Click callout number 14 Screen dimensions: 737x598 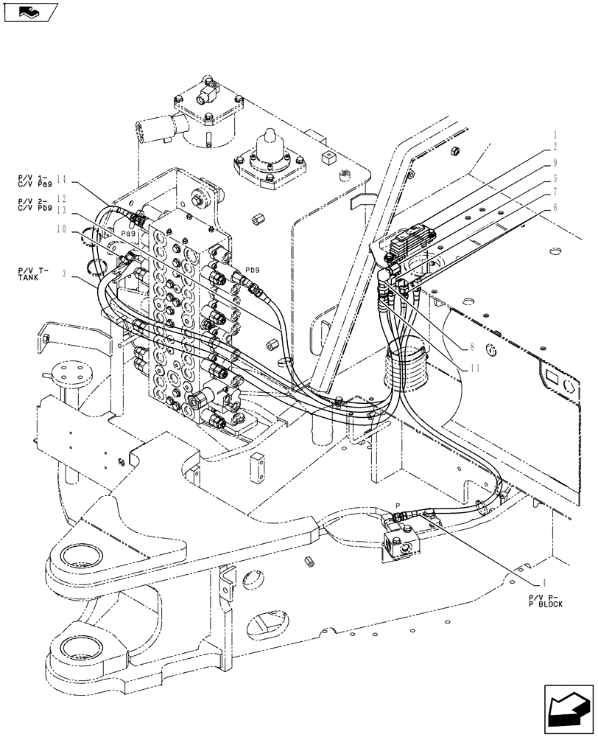point(62,179)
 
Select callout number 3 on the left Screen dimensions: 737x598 point(66,275)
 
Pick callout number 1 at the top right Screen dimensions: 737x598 point(555,135)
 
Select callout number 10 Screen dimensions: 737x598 point(66,230)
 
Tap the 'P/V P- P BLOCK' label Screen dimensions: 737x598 point(544,600)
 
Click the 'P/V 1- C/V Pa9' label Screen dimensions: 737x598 point(31,181)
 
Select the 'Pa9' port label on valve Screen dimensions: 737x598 point(127,233)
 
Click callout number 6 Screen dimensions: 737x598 point(555,208)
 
